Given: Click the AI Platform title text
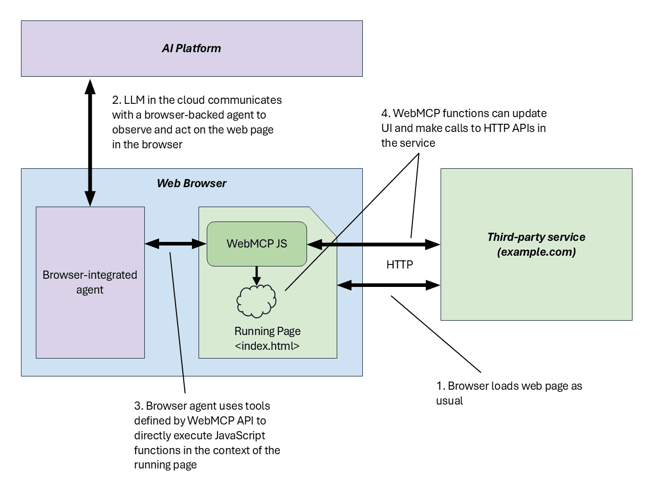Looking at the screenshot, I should pos(191,49).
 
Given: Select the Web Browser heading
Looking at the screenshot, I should pos(191,183).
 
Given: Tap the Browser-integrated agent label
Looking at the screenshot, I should pos(90,282).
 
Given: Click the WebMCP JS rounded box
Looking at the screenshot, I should pos(256,244).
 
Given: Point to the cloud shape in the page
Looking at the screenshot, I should pos(256,301).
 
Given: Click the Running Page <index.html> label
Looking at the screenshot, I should pos(267,339).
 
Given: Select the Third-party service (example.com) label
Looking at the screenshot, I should pos(536,244).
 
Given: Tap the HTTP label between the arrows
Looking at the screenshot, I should pos(400,264).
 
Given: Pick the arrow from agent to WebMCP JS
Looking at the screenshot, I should pos(176,244).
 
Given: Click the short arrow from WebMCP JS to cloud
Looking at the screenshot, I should pos(257,275).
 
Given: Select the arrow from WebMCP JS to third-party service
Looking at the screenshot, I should pos(374,244).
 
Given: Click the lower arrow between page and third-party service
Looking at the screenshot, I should pos(389,285).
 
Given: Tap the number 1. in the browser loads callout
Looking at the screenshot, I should pos(441,386).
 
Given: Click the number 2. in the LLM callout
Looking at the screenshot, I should pos(117,100).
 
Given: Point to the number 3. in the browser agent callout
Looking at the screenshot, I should pos(139,406).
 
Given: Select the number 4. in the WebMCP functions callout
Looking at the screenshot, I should pos(386,114).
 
